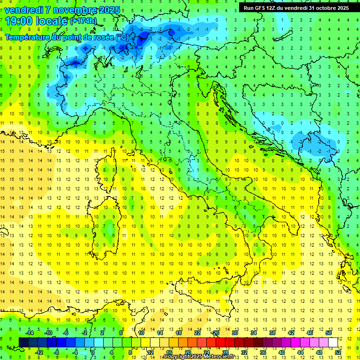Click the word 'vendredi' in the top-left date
click(24, 10)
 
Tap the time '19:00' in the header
click(19, 21)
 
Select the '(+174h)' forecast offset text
click(83, 21)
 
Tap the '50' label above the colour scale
click(329, 333)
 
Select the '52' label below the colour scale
click(338, 352)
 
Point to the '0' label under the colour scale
click(93, 352)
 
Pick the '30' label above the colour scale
click(235, 333)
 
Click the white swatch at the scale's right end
click(333, 343)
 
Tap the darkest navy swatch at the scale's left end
click(23, 343)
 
